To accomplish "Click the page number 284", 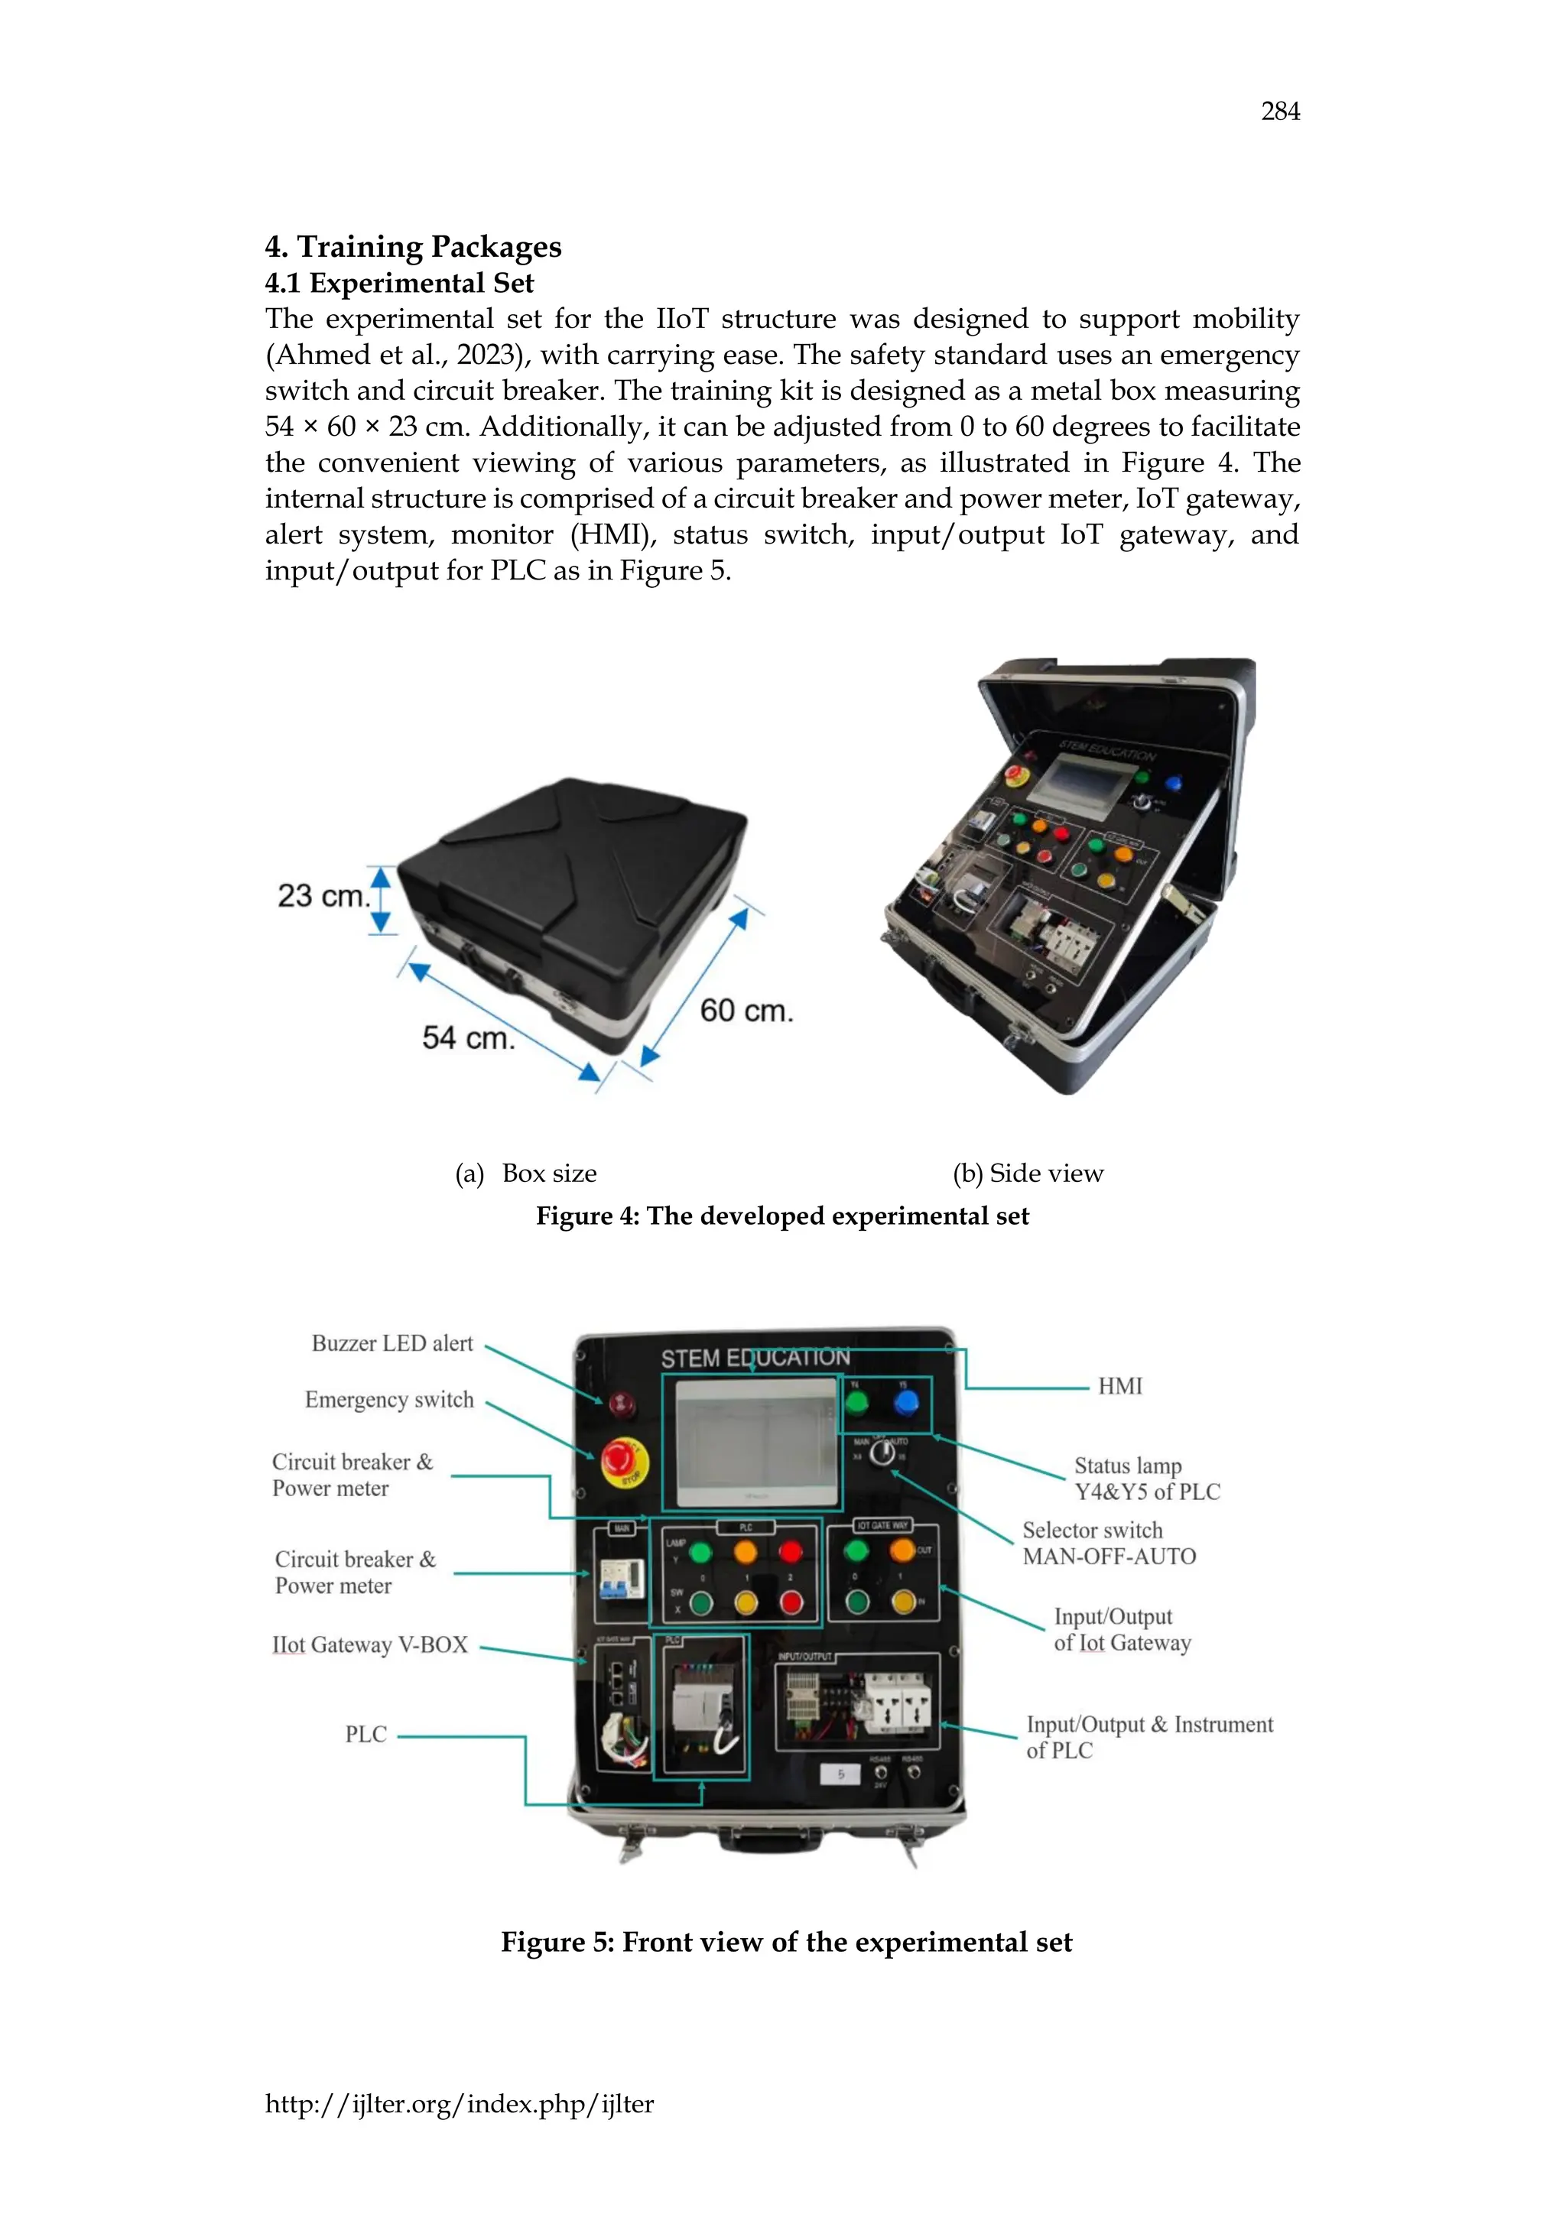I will [x=1279, y=112].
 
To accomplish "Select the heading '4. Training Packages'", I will [x=413, y=247].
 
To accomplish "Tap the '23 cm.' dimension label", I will [x=323, y=896].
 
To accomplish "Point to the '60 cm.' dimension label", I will [x=746, y=1011].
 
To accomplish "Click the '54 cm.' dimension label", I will [x=469, y=1037].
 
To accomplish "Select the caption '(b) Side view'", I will [x=1027, y=1174].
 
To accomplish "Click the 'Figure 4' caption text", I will [x=782, y=1216].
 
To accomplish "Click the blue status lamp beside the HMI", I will [x=905, y=1403].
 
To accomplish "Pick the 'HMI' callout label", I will [x=1119, y=1387].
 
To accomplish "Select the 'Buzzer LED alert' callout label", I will [x=391, y=1343].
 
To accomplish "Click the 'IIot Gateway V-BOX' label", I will [x=370, y=1645].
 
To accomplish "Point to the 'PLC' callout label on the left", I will [x=366, y=1735].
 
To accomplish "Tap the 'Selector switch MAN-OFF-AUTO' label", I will [x=1109, y=1544].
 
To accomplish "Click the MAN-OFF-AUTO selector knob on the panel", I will [x=882, y=1453].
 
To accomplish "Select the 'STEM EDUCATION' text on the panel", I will [x=755, y=1358].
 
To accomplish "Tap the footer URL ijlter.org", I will [x=459, y=2104].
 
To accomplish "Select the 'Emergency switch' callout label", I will [x=389, y=1399].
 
